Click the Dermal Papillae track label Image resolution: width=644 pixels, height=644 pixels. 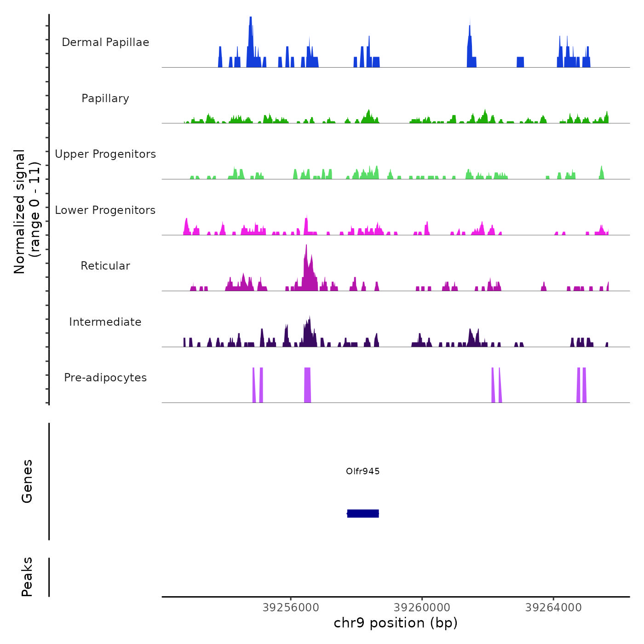point(105,42)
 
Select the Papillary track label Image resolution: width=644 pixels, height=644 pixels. point(105,98)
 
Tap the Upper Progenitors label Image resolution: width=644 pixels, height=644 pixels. point(105,154)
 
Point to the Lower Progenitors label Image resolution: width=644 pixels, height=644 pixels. point(105,210)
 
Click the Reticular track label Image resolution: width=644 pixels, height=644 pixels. point(105,266)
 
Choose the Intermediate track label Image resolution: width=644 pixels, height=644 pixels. point(105,322)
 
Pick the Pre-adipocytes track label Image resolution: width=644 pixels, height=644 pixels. point(105,378)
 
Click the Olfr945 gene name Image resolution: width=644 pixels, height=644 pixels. point(363,471)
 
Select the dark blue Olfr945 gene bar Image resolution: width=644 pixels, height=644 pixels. point(363,513)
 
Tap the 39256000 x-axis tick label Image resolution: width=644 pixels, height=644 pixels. point(291,608)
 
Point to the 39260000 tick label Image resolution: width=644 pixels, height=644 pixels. point(422,608)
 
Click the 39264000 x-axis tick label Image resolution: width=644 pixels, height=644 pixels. point(553,608)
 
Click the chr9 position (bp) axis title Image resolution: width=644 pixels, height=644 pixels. point(396,623)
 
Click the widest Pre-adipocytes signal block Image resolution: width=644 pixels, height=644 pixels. point(307,385)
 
